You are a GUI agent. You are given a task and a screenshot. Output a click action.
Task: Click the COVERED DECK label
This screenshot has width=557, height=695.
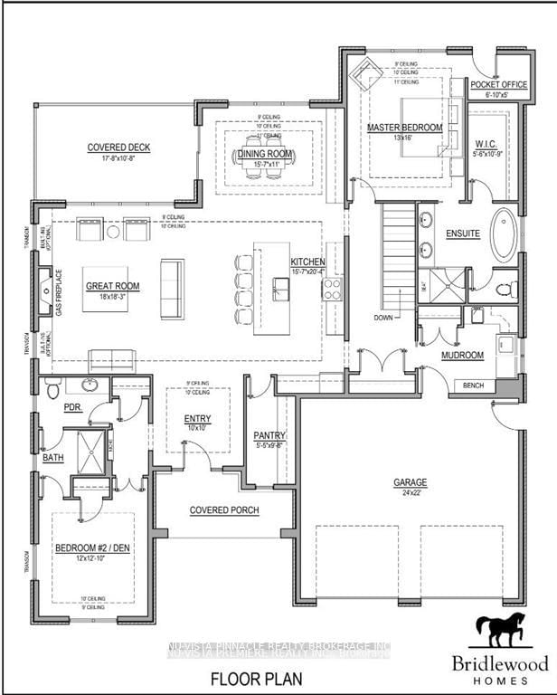[x=118, y=148]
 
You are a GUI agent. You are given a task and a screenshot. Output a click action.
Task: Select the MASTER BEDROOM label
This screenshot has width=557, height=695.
[x=404, y=129]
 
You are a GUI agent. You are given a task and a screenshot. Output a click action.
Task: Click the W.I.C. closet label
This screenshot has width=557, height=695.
[x=487, y=144]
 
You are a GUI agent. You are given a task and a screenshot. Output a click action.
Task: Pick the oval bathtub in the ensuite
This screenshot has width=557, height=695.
[x=504, y=233]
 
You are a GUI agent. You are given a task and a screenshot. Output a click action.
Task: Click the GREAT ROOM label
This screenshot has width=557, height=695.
[x=110, y=285]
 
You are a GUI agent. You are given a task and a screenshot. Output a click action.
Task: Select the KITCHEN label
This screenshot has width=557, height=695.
[x=307, y=262]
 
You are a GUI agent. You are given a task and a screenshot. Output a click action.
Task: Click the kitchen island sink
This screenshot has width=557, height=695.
[x=280, y=290]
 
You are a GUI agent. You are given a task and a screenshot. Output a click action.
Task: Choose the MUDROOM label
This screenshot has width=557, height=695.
[x=463, y=356]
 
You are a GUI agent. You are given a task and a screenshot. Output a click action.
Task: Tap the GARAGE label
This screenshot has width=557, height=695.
[x=410, y=482]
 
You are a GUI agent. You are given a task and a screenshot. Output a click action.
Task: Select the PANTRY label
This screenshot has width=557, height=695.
[x=269, y=435]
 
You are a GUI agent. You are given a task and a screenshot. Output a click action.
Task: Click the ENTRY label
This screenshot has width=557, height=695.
[x=197, y=418]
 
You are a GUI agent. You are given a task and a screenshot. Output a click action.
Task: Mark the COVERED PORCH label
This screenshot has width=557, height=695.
[x=224, y=510]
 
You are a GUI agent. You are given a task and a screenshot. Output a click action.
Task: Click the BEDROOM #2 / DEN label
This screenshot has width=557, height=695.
[x=92, y=549]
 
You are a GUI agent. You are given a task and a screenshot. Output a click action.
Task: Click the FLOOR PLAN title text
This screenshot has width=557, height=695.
[x=250, y=677]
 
